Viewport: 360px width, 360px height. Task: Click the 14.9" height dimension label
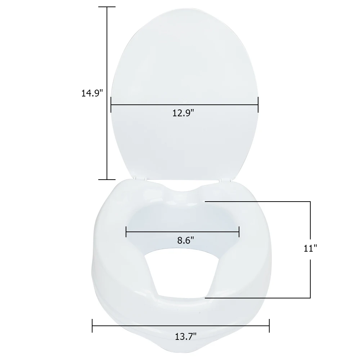point(92,93)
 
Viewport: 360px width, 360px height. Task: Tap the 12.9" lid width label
point(183,113)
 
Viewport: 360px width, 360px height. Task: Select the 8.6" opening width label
point(185,240)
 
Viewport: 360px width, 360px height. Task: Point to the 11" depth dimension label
point(310,248)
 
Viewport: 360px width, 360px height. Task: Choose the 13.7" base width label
point(185,337)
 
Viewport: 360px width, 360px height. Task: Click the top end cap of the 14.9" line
point(107,7)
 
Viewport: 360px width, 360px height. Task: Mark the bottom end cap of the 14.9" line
point(107,180)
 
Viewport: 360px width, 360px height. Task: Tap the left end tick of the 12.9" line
point(111,105)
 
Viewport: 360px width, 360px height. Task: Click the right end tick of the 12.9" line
point(258,105)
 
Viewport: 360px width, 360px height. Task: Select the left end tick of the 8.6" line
point(126,231)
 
